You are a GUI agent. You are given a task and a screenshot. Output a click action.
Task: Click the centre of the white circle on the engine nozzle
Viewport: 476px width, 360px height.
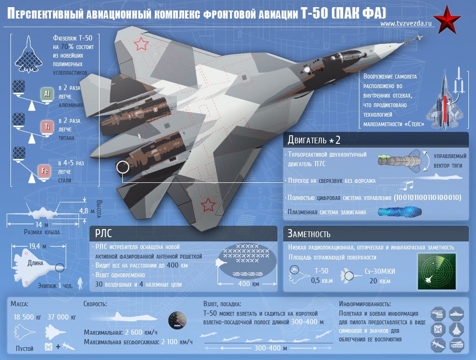123,167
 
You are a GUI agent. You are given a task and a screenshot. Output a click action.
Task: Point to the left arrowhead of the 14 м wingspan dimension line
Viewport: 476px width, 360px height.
8,224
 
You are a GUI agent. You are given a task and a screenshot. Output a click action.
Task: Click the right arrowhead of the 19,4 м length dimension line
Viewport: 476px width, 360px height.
64,246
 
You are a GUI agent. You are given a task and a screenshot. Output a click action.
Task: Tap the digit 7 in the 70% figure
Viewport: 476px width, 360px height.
63,47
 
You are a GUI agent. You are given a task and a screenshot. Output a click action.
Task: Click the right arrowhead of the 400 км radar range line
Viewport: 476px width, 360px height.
275,284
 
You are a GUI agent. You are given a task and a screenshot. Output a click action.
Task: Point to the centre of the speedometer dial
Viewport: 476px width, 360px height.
177,320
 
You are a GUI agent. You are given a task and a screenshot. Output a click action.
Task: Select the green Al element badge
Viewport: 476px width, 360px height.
47,94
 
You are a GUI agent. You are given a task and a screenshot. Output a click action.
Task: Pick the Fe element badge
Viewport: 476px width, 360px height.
44,171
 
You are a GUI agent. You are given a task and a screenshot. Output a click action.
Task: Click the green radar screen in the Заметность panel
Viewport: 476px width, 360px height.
437,271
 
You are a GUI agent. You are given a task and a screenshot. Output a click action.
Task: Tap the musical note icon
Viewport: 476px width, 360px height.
409,185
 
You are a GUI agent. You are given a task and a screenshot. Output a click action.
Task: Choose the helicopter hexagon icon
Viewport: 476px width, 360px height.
438,314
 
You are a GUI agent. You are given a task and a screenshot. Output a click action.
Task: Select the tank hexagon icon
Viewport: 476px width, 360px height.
456,345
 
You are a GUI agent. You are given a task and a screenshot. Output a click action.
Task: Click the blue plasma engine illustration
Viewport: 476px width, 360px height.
399,212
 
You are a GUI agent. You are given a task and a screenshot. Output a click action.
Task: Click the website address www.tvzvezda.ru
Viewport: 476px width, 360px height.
406,23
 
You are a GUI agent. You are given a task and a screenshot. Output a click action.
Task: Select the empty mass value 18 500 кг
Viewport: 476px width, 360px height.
27,317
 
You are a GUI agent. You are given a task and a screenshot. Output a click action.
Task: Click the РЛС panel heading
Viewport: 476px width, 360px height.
103,234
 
